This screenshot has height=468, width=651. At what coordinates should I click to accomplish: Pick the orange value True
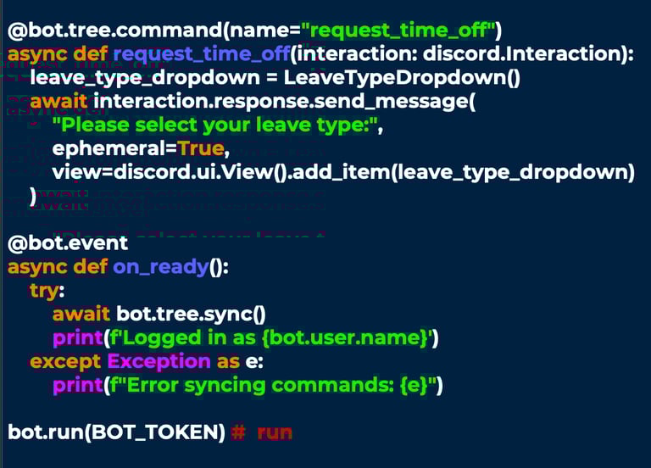202,149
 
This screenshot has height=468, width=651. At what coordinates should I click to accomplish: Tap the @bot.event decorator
68,243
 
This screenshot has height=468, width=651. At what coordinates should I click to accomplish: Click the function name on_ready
160,267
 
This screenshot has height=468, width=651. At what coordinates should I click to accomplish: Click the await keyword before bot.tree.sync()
81,314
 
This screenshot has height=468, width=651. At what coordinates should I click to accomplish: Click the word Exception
159,361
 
